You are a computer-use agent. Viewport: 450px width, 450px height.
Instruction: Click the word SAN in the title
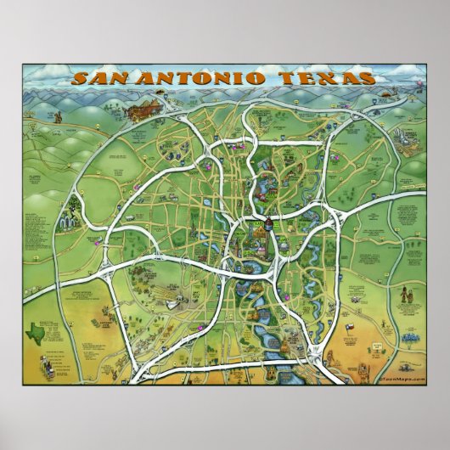(96, 78)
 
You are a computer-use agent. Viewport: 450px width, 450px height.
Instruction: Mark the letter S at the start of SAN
(79, 78)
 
